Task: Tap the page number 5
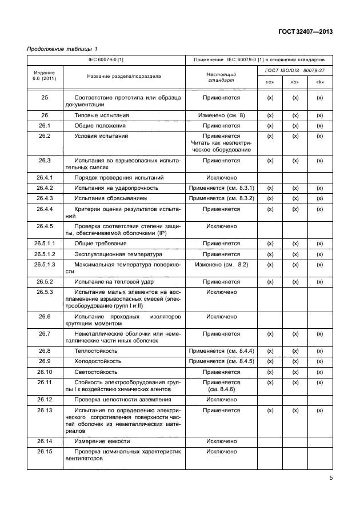pos(331,479)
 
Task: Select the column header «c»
pos(270,82)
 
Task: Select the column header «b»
pos(295,82)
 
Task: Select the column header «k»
pos(320,82)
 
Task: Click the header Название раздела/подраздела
pos(123,76)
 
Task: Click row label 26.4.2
pos(45,188)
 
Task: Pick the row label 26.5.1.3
pos(45,264)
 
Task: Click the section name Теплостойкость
pos(96,350)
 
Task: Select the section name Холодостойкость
pos(98,361)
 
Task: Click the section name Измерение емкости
pos(102,441)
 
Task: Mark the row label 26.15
pos(45,452)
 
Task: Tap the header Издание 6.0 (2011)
pos(45,76)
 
